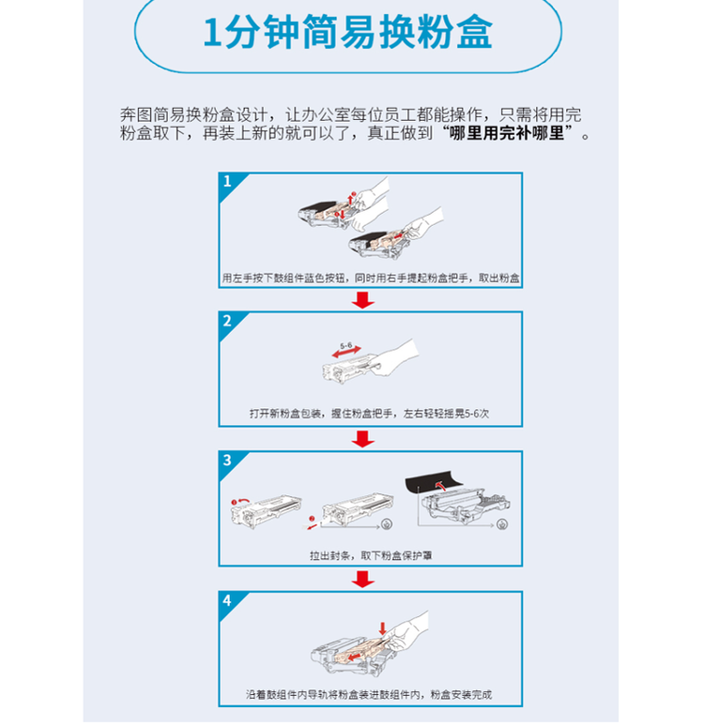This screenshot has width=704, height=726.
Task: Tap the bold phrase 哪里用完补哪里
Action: click(507, 134)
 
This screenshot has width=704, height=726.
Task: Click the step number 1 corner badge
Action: click(226, 180)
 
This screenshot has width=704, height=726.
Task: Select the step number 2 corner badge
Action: click(226, 321)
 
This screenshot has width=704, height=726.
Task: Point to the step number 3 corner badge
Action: click(226, 460)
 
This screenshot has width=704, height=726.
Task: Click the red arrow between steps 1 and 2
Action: click(363, 300)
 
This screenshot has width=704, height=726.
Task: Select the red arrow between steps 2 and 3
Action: click(363, 439)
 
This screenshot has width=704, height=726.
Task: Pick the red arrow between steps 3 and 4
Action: click(363, 578)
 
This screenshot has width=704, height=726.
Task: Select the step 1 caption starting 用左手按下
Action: click(370, 279)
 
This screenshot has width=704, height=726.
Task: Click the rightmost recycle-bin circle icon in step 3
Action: click(504, 524)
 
